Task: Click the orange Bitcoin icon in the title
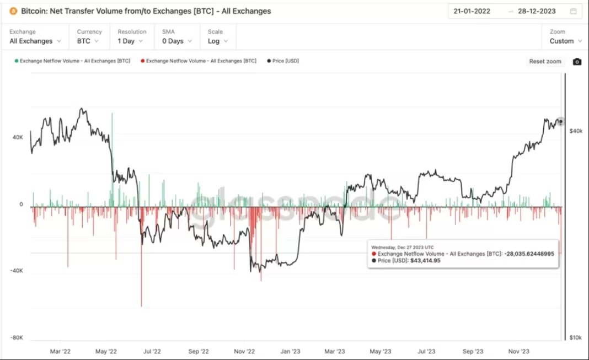click(x=13, y=11)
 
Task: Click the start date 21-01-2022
click(x=472, y=11)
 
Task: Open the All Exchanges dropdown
click(x=35, y=41)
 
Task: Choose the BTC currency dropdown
click(x=88, y=41)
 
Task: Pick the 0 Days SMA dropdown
click(x=176, y=41)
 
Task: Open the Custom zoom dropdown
click(x=565, y=41)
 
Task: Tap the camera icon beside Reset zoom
click(x=577, y=62)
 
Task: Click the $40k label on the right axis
click(x=575, y=131)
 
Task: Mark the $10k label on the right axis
click(x=575, y=337)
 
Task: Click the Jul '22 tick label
click(x=151, y=351)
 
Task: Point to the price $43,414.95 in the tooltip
click(x=425, y=260)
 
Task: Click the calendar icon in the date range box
click(x=574, y=11)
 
